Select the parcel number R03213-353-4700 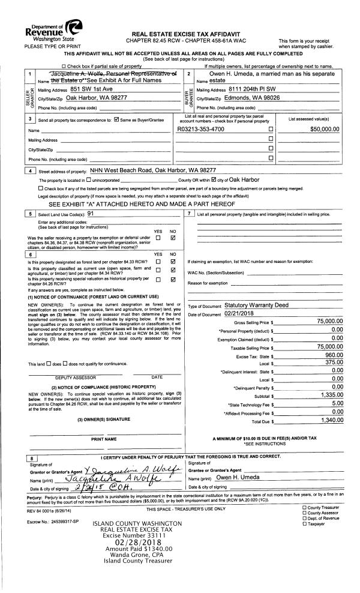(x=209, y=146)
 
